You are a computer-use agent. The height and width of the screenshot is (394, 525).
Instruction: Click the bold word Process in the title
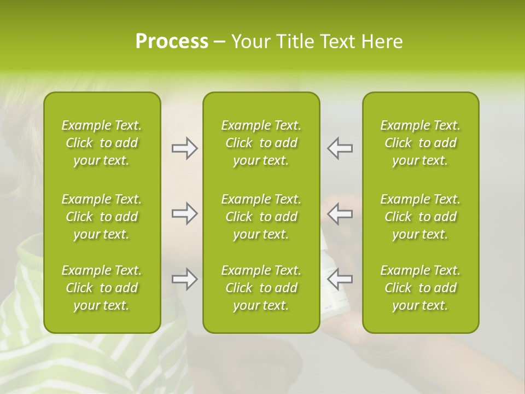pos(172,42)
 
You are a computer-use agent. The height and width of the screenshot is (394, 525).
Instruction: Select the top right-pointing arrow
pos(184,148)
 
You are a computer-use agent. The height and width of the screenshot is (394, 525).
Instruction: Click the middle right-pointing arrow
pos(184,213)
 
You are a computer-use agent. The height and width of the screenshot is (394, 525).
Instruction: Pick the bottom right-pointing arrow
pos(184,279)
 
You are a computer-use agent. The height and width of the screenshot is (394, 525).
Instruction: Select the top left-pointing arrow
pos(340,148)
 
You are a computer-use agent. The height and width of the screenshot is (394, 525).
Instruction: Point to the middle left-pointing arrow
pos(340,213)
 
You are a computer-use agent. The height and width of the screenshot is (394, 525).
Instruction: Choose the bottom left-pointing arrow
pos(340,279)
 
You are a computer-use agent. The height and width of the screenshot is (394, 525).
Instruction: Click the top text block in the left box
pos(102,143)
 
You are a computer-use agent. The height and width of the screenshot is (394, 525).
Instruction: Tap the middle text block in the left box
pos(102,217)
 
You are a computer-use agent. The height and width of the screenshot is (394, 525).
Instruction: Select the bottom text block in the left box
pos(102,288)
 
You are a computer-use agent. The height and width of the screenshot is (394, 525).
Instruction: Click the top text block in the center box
pos(261,143)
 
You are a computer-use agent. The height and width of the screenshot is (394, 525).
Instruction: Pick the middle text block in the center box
pos(261,217)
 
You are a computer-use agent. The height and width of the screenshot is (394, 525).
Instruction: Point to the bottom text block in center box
pos(261,288)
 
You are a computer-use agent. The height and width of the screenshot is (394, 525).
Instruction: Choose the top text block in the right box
pos(420,143)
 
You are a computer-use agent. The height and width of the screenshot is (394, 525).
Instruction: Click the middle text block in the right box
pos(420,217)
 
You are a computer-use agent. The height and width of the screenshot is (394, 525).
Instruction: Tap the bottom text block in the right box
pos(420,288)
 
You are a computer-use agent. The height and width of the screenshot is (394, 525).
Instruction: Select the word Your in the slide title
pos(250,42)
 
